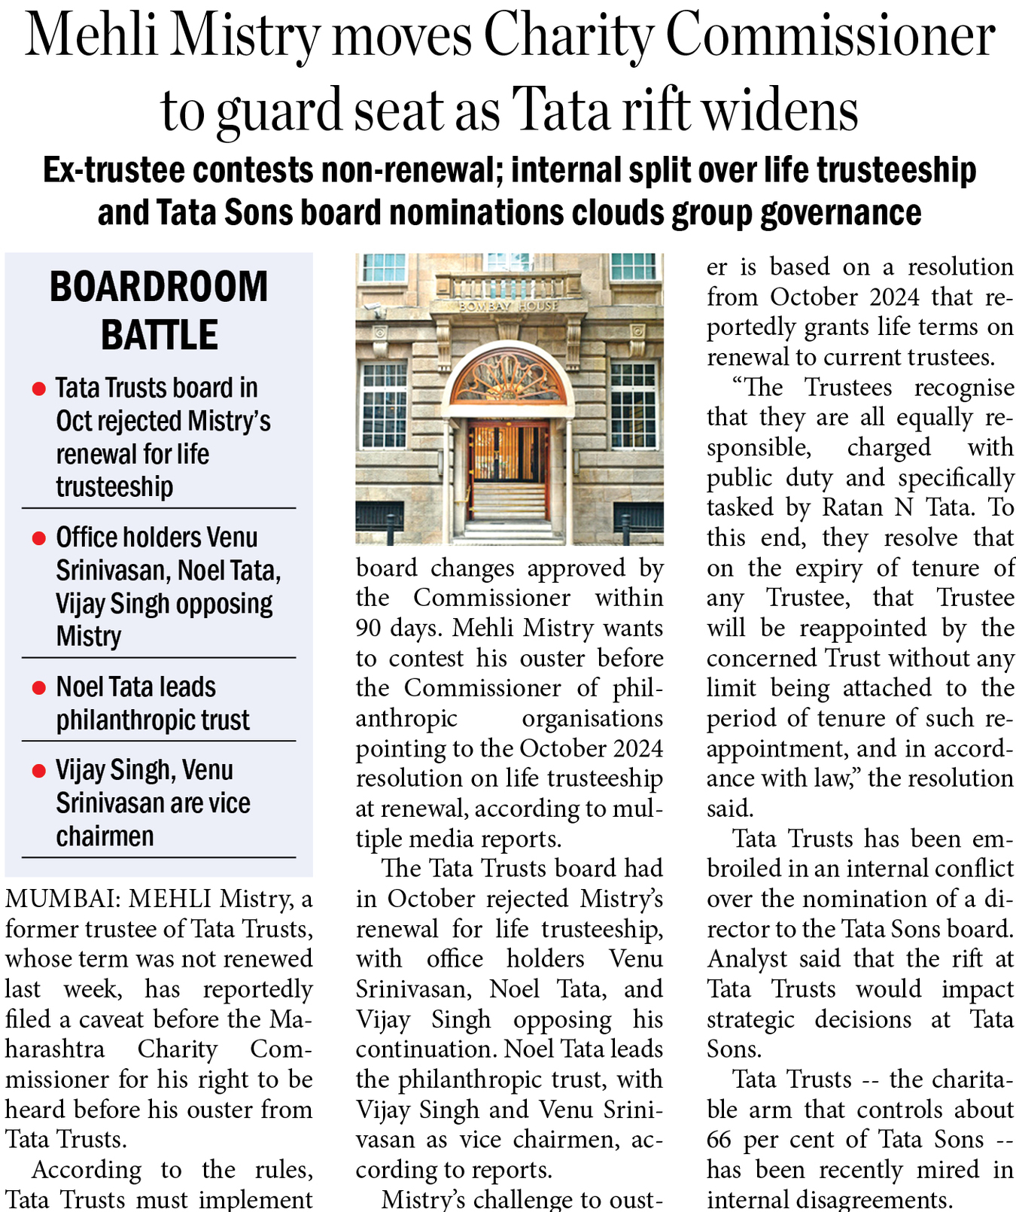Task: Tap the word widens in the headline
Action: (780, 110)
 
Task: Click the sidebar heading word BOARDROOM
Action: (159, 287)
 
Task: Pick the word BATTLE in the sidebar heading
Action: (159, 335)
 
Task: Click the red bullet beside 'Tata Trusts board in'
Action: (38, 389)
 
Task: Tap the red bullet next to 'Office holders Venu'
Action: (38, 539)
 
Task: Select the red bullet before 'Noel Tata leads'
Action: (38, 688)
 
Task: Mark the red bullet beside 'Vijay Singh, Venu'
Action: (38, 771)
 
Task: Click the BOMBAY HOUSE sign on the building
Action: (509, 306)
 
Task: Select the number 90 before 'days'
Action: (368, 628)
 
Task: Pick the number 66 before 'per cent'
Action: (719, 1140)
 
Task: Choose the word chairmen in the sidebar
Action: (105, 836)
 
